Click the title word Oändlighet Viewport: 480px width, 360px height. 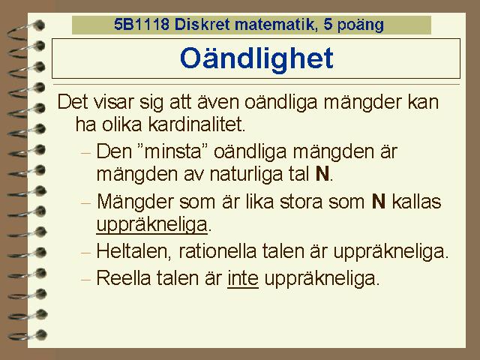tap(256, 58)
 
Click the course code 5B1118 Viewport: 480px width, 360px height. tap(142, 24)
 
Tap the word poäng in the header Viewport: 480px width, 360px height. tap(360, 25)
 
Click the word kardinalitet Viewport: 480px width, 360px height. tap(196, 124)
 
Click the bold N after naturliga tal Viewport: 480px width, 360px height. tap(322, 174)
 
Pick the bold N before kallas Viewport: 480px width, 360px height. tap(379, 202)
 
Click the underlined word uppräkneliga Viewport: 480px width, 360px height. tap(151, 225)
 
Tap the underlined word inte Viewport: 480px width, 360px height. tap(243, 278)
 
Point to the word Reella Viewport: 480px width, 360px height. tap(124, 278)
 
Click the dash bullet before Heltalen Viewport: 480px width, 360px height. tap(86, 253)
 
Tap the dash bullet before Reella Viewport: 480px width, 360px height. tap(86, 279)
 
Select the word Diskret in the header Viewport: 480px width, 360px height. tap(202, 24)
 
